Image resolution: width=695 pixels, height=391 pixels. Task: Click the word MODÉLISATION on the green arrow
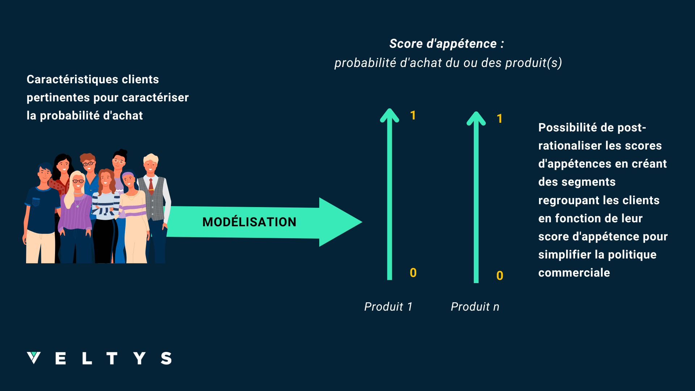249,222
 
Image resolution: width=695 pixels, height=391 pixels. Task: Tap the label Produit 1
388,307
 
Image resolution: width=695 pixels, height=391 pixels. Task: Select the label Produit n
475,307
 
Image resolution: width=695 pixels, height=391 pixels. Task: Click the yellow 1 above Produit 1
413,115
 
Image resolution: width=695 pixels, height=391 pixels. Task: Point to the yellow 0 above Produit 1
413,273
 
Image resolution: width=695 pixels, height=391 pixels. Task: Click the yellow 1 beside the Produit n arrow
500,119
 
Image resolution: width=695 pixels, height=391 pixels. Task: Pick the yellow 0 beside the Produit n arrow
500,276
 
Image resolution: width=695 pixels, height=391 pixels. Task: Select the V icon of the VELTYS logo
34,358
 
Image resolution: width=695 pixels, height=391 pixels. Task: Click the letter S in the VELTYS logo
166,358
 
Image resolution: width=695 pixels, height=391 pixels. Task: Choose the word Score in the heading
406,44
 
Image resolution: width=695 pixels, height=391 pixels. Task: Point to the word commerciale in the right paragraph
574,273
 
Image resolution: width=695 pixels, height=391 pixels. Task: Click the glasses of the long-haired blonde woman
78,181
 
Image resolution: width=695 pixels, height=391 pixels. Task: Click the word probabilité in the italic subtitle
365,63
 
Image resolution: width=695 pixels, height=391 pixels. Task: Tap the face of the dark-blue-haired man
45,174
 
